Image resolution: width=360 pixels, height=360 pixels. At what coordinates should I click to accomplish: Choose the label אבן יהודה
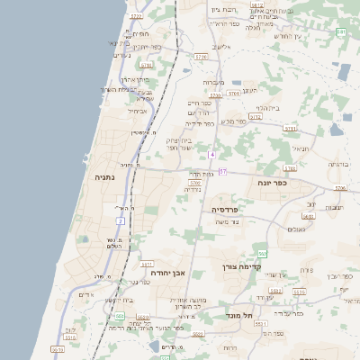click(x=167, y=271)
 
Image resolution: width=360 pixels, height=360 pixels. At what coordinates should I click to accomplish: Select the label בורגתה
click(x=339, y=165)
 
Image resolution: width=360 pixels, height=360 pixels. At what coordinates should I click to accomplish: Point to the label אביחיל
click(x=139, y=111)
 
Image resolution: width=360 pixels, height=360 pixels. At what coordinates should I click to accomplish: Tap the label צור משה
click(x=233, y=222)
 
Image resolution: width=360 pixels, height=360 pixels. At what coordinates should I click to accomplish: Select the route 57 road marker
click(x=223, y=171)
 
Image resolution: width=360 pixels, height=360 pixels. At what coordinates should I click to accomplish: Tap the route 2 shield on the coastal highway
click(x=120, y=220)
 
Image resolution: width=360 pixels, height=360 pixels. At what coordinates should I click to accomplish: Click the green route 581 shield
click(x=340, y=32)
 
